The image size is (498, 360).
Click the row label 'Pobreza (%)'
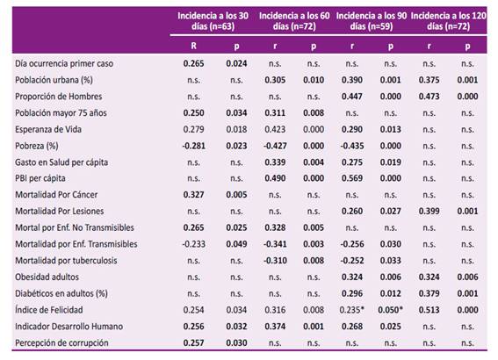coord(37,146)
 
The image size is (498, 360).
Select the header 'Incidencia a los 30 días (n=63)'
coord(213,21)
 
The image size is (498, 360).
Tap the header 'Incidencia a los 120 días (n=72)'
coord(448,21)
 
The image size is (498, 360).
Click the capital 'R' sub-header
coord(193,46)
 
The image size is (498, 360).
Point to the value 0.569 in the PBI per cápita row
coord(352,178)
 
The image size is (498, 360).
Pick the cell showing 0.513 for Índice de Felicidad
coord(429,310)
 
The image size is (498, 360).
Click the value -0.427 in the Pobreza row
coord(275,146)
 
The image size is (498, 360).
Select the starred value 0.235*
coord(352,310)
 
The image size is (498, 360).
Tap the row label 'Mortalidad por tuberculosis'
coord(66,261)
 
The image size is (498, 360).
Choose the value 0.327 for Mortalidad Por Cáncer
coord(193,195)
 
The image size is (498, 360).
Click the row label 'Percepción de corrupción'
coord(61,342)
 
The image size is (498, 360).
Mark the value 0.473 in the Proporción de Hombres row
coord(429,97)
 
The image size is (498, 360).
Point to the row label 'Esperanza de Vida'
coord(48,130)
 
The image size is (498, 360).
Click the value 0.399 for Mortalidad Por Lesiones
coord(429,211)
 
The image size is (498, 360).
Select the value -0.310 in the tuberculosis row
coord(275,261)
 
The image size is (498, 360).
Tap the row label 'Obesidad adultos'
coord(47,277)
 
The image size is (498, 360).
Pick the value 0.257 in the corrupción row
coord(193,342)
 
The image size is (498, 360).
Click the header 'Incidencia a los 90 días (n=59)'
coord(372,21)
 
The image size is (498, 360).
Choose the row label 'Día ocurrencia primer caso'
coord(64,63)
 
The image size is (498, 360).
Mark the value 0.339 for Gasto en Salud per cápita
coord(275,162)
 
